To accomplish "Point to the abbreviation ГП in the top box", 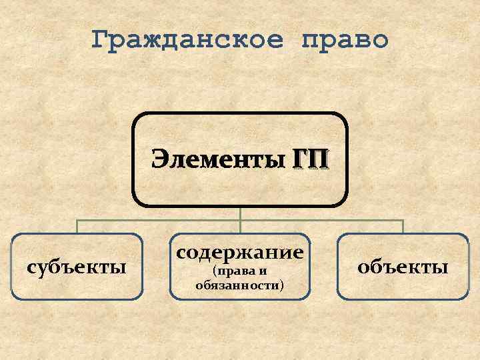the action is coord(310,160).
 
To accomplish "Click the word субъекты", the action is coord(77,267).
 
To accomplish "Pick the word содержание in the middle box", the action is coord(240,253).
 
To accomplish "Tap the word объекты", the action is coord(403,267).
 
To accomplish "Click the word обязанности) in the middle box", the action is coord(239,285).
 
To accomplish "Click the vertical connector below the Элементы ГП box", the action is coord(240,213).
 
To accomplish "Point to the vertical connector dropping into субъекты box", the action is coord(77,227).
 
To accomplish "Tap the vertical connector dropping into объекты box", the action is coord(403,227).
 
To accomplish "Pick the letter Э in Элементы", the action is coord(160,160).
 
